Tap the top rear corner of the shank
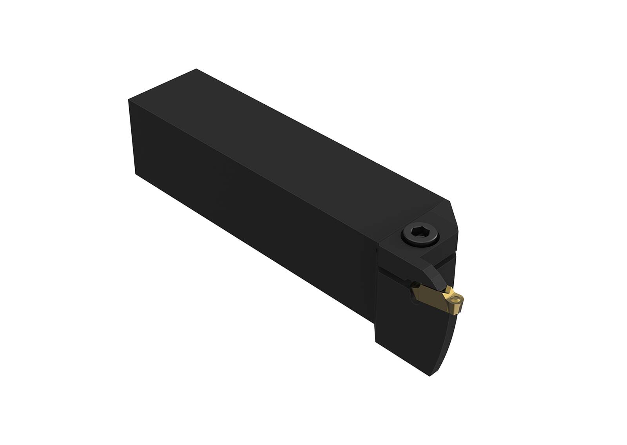point(196,69)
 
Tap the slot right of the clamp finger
point(447,260)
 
